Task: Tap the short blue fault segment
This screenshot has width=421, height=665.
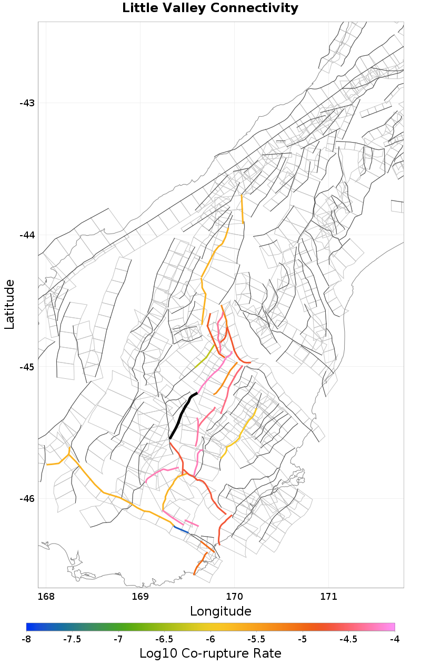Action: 181,529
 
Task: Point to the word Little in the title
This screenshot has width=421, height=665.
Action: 138,8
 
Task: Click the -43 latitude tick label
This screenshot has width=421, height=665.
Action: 27,103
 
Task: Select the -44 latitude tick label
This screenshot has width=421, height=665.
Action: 27,235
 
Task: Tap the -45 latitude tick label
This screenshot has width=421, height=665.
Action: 27,367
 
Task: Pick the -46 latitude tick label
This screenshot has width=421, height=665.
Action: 27,499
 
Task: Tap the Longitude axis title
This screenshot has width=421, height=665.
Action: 220,611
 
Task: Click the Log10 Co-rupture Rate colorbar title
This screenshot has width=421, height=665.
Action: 210,654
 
